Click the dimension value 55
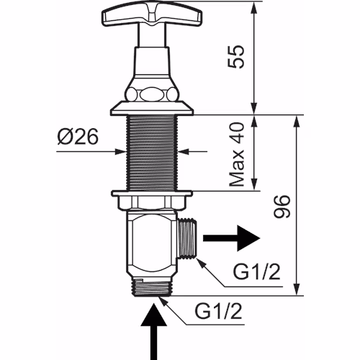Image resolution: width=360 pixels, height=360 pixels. tap(235, 57)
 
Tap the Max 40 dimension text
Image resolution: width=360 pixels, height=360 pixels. tap(237, 155)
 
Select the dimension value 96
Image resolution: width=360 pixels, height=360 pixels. tap(282, 207)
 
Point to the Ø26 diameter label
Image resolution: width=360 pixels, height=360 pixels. tap(78, 137)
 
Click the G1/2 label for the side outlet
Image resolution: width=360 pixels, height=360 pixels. tap(257, 272)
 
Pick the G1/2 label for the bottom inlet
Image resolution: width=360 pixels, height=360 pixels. tap(218, 311)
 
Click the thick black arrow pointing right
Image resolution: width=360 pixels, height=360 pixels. tap(232, 238)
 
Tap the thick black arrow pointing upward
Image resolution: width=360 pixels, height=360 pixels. tap(153, 331)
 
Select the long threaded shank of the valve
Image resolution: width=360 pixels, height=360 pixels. tap(152, 153)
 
